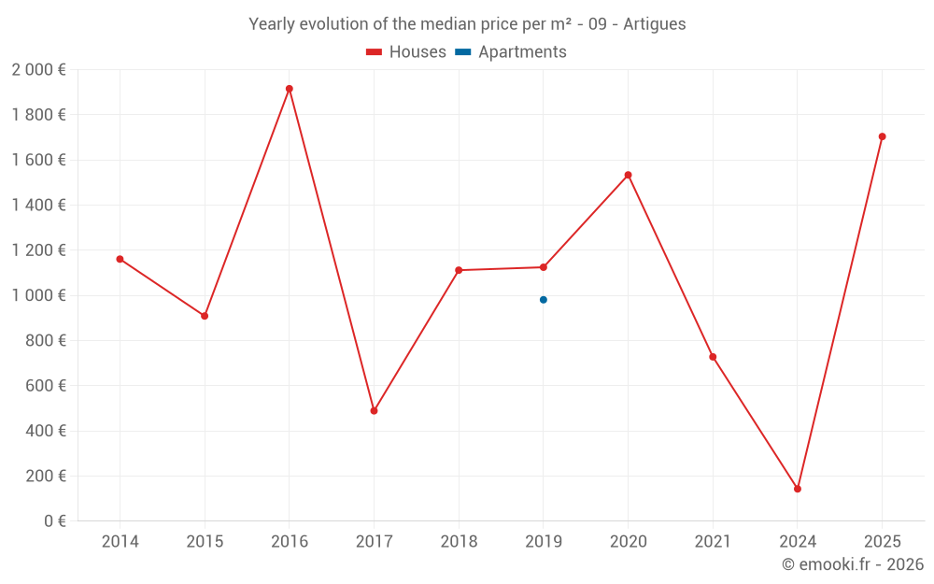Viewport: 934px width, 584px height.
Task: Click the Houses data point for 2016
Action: coord(290,89)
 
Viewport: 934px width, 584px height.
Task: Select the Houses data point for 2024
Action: coord(798,489)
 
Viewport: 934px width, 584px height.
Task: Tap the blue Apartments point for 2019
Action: coord(544,300)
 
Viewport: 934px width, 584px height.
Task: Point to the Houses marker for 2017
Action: coord(374,411)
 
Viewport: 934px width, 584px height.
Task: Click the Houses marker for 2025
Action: coord(882,136)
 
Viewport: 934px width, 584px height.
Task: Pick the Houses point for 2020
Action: coord(628,175)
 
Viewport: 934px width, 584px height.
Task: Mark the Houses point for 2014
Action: coord(120,259)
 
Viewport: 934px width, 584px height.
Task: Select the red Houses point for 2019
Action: coord(544,267)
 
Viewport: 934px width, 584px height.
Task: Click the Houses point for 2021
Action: coord(713,357)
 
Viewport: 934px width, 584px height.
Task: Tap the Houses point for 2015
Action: coord(205,316)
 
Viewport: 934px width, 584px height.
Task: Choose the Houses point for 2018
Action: coord(459,270)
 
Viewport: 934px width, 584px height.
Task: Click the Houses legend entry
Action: coord(406,52)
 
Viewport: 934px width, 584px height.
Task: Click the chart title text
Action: coord(467,24)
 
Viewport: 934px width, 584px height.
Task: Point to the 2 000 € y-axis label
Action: coord(38,70)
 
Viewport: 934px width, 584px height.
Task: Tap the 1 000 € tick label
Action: coord(38,295)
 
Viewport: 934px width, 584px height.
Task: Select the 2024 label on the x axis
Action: coord(798,542)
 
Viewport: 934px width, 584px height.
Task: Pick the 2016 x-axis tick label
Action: coord(290,542)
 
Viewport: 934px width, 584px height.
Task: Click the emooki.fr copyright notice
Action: coord(852,564)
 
